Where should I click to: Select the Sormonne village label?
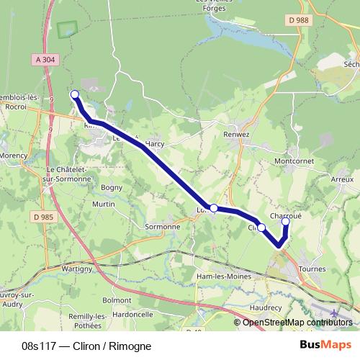click(163, 227)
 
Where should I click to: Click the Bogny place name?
click(112, 187)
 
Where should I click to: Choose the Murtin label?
click(104, 204)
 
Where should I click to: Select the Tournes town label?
click(312, 269)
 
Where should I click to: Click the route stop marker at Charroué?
click(285, 222)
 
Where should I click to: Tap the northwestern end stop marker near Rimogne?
click(74, 94)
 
